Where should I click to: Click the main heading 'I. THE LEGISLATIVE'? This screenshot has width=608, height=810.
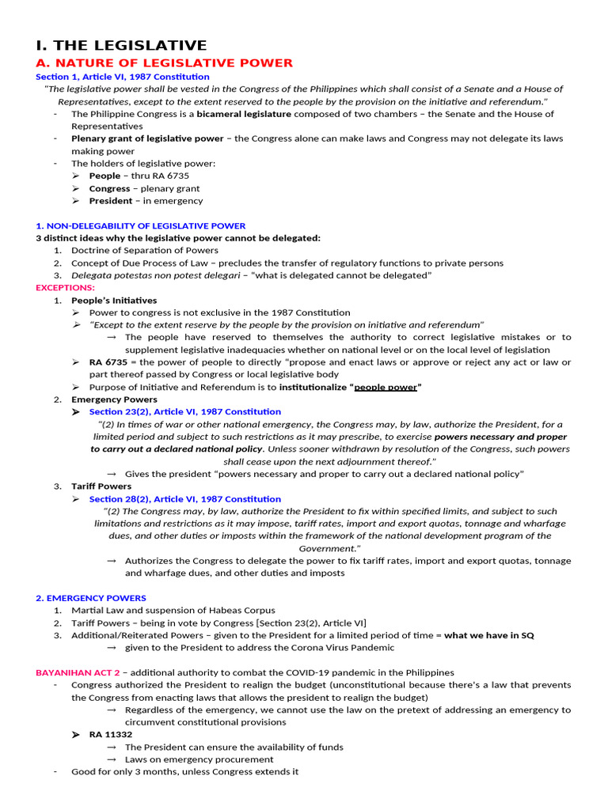(x=121, y=45)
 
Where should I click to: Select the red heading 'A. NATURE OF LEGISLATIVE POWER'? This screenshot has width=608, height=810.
(x=165, y=62)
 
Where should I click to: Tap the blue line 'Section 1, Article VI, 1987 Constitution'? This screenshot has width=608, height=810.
(x=123, y=77)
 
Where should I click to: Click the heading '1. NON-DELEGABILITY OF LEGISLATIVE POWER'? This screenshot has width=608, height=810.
(x=141, y=225)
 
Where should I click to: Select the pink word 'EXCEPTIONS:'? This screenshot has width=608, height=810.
(x=65, y=288)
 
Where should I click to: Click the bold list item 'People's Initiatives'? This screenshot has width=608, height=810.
(x=114, y=301)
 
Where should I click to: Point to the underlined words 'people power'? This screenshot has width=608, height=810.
(x=386, y=387)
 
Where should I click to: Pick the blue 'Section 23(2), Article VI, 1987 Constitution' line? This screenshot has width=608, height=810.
(x=184, y=411)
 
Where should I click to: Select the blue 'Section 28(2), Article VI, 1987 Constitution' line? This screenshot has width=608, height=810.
(x=184, y=499)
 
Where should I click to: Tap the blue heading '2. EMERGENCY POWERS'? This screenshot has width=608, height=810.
(x=91, y=598)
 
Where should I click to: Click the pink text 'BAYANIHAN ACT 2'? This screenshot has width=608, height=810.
(x=78, y=672)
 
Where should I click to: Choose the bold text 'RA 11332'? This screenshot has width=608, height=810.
(x=111, y=735)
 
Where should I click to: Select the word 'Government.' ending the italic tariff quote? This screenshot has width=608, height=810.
(x=329, y=548)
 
